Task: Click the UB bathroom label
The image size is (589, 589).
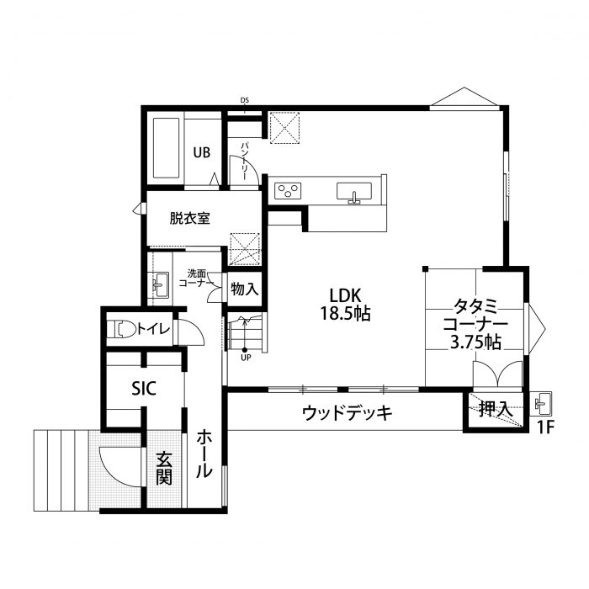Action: tap(201, 152)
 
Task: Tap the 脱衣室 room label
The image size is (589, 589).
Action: tap(189, 218)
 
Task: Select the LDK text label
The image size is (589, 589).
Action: tap(344, 295)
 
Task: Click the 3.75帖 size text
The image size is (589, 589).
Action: tap(476, 342)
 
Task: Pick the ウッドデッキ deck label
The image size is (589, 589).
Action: tap(348, 413)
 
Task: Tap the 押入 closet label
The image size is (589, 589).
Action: tap(495, 410)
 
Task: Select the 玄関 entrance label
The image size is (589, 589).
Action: tap(164, 470)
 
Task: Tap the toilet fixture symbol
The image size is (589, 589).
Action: tap(123, 328)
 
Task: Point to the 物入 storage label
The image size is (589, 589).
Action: tap(245, 289)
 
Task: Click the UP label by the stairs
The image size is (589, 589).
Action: tap(246, 357)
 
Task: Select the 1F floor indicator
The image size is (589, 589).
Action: tap(546, 427)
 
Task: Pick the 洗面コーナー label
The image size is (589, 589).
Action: tap(199, 278)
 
